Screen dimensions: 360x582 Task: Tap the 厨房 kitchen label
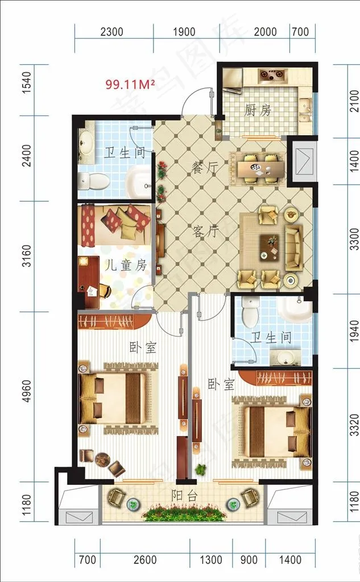coord(258,110)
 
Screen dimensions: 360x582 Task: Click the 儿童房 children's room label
coord(126,266)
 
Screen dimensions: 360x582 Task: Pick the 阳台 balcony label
coord(184,496)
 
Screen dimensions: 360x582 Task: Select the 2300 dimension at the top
coord(112,32)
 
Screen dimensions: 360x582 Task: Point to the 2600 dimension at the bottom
coord(145,559)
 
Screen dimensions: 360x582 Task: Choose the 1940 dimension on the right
coord(354,331)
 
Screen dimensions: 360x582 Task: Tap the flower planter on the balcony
coord(184,514)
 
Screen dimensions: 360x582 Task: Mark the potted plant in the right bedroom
coord(201,469)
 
